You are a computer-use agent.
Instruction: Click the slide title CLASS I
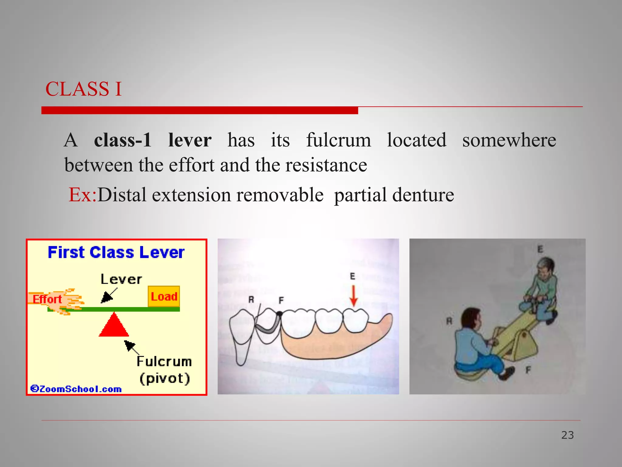[x=84, y=89]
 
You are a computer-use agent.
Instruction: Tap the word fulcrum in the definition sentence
[x=338, y=140]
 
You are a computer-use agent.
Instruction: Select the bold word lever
[x=190, y=140]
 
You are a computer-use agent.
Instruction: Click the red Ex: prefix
[x=82, y=195]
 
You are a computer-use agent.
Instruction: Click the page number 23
[x=567, y=435]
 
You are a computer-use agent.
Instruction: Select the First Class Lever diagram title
[x=116, y=252]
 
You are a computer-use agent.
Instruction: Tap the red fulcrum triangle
[x=114, y=326]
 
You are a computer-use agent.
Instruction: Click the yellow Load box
[x=164, y=296]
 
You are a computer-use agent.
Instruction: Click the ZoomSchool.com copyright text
[x=76, y=389]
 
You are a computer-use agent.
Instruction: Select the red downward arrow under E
[x=353, y=296]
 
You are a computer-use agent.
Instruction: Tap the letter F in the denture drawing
[x=281, y=301]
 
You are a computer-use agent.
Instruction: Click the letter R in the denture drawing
[x=251, y=300]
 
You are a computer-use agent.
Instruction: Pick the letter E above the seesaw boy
[x=540, y=249]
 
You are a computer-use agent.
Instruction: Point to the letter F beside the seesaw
[x=528, y=370]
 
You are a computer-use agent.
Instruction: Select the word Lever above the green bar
[x=121, y=279]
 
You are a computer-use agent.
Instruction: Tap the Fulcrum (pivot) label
[x=164, y=370]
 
